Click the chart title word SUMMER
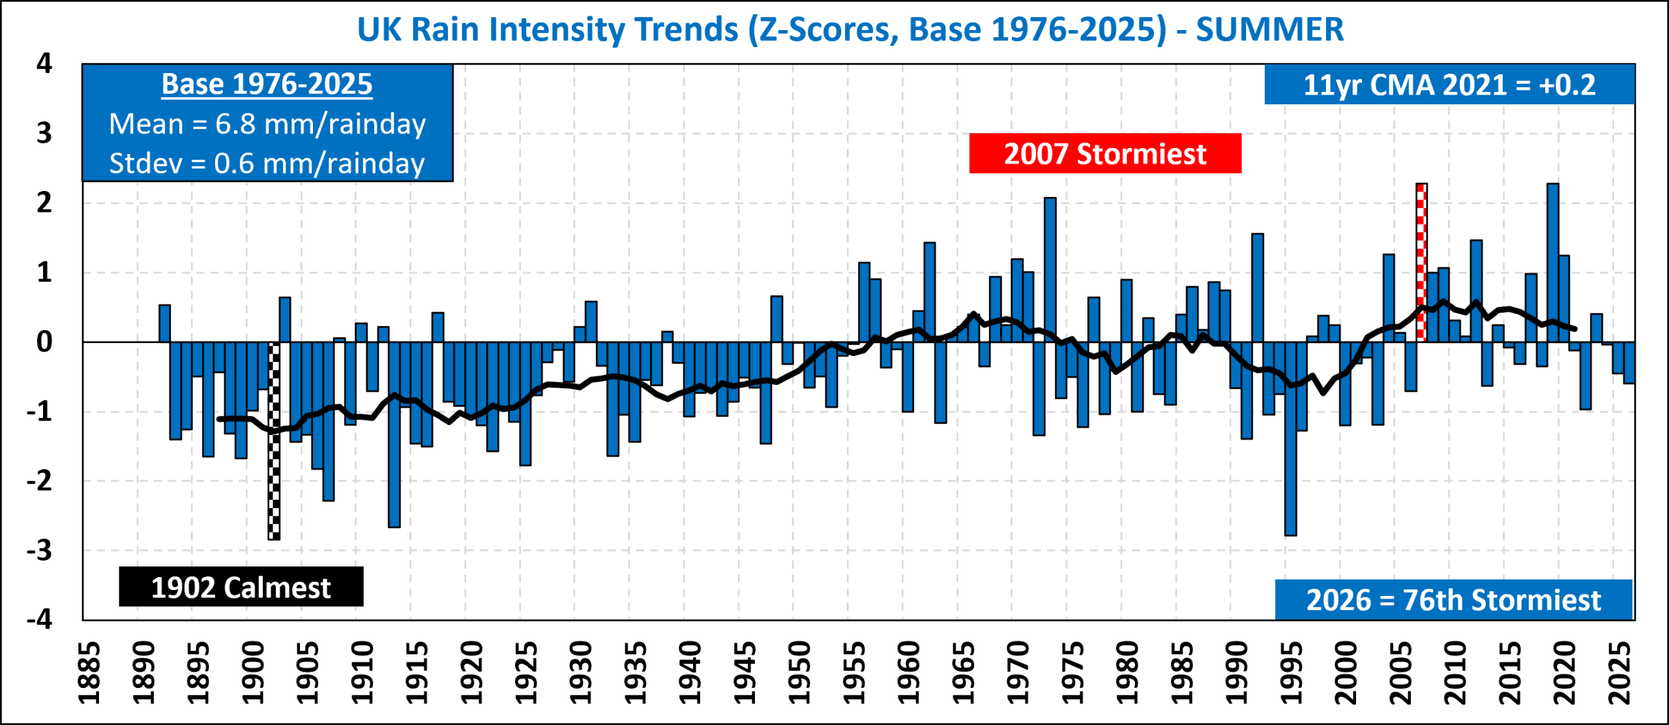click(1269, 29)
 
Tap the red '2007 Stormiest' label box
click(1105, 153)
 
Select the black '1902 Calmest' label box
click(241, 587)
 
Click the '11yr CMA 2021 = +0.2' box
click(1449, 85)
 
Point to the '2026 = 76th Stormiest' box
click(1454, 600)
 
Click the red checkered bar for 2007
click(1422, 262)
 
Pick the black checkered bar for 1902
click(274, 441)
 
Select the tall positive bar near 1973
click(1050, 270)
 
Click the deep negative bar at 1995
click(1291, 439)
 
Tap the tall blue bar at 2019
click(1553, 263)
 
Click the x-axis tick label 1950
click(799, 673)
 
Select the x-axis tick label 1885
click(89, 673)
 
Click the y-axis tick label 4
click(44, 63)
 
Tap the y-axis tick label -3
click(39, 550)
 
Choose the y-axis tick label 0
click(44, 342)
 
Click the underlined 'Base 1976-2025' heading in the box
click(267, 85)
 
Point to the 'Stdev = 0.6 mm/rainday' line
click(267, 163)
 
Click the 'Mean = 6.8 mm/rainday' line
click(267, 124)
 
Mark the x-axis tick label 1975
click(1072, 673)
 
